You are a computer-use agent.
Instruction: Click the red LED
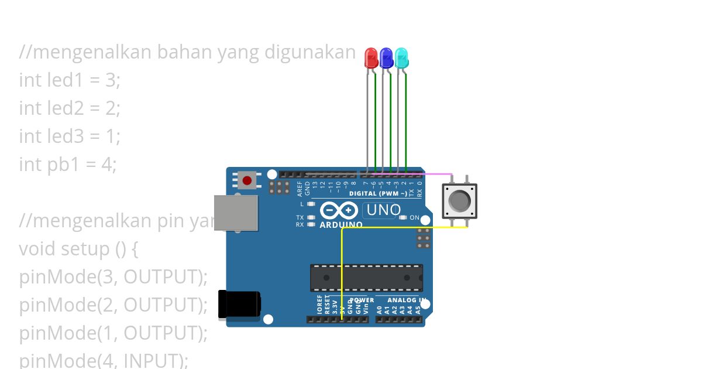click(x=371, y=57)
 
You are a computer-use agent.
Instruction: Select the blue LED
click(x=386, y=57)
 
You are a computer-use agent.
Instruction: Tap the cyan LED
click(x=402, y=57)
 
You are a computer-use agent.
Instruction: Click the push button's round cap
click(x=459, y=201)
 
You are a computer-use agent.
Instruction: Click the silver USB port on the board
click(x=236, y=213)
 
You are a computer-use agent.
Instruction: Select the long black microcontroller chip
click(x=366, y=278)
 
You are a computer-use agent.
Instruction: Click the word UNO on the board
click(x=383, y=210)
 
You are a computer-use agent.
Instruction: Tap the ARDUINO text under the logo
click(x=341, y=224)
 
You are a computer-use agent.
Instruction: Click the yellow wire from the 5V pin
click(x=404, y=228)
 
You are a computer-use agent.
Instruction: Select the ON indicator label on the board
click(x=414, y=218)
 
